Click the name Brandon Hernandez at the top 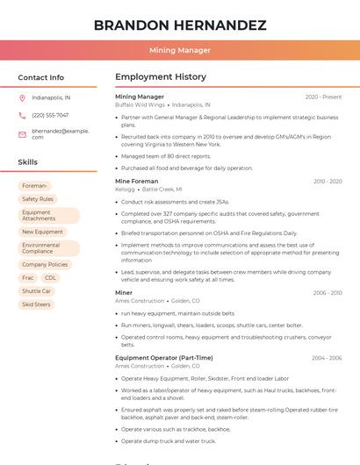(180, 25)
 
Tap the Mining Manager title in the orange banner (180, 50)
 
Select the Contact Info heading (41, 77)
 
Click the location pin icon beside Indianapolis (22, 97)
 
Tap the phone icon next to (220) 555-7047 (22, 115)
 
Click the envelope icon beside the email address (22, 134)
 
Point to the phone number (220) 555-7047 (50, 115)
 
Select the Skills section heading (28, 162)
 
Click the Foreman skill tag (35, 186)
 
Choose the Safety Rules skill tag (38, 199)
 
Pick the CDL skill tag (50, 277)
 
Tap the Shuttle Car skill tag (37, 290)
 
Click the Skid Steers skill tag (36, 304)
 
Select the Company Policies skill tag (45, 264)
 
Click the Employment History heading (161, 77)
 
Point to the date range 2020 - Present (323, 97)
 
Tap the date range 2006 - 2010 (327, 293)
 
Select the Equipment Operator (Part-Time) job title (163, 358)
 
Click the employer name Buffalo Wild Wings (140, 104)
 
